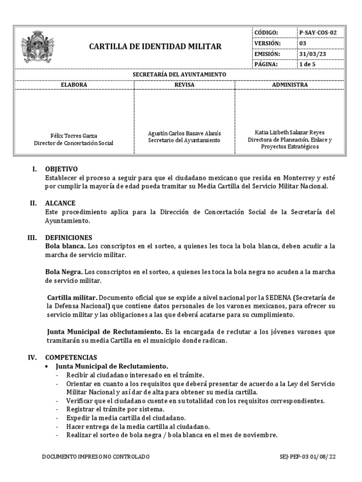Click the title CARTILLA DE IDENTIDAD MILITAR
click(x=155, y=47)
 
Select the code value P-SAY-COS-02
click(x=318, y=32)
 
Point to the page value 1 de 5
click(x=307, y=64)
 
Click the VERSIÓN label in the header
click(x=267, y=43)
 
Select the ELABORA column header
click(x=74, y=85)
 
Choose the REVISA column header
click(x=184, y=85)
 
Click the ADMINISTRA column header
click(x=290, y=85)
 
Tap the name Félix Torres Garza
click(x=74, y=136)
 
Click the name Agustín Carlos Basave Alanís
click(x=184, y=133)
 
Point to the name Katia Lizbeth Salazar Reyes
click(x=290, y=132)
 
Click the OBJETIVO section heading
click(x=61, y=169)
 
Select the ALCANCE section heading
click(x=60, y=203)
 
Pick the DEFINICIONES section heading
click(x=68, y=238)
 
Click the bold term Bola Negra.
click(x=64, y=272)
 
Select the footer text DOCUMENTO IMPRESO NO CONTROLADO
click(x=96, y=457)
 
